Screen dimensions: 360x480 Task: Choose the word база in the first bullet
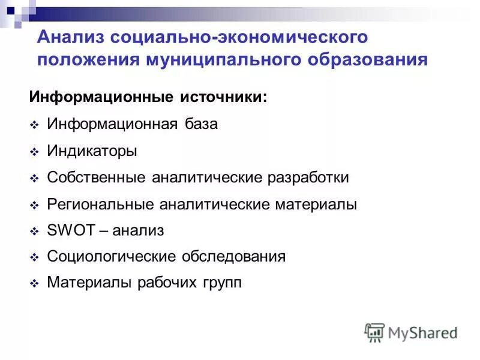(x=201, y=124)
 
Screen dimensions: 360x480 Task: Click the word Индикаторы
(x=92, y=151)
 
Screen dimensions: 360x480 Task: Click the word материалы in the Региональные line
(x=316, y=205)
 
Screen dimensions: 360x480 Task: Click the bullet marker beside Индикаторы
(x=34, y=152)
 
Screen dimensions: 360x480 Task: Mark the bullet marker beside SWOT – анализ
(x=34, y=231)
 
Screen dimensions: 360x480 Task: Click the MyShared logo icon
(x=374, y=332)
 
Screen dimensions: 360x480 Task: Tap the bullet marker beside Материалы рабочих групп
(x=34, y=284)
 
